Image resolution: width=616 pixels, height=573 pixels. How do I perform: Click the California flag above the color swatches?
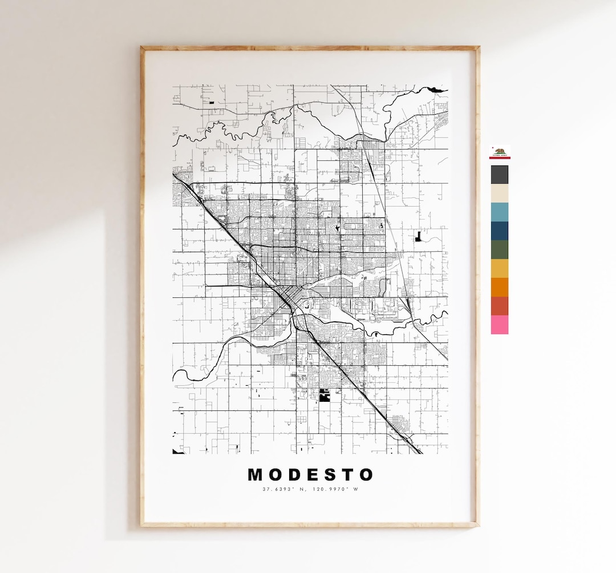(500, 152)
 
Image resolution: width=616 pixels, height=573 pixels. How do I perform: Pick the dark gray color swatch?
(500, 175)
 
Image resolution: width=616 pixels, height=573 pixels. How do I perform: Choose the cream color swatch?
(500, 193)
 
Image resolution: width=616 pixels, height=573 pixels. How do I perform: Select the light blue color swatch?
(500, 212)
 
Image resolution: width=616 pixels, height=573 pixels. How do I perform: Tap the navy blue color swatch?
(500, 231)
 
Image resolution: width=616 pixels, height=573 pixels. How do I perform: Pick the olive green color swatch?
(500, 250)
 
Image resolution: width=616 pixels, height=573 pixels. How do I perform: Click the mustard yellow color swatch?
(500, 268)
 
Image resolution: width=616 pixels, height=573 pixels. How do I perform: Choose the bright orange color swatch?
(500, 287)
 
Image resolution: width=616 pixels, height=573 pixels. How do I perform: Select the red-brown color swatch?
(500, 306)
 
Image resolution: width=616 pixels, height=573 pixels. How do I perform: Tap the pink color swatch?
(500, 325)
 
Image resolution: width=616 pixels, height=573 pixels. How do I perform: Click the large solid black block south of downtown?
(325, 396)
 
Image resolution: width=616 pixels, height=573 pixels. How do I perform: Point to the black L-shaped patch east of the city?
(419, 237)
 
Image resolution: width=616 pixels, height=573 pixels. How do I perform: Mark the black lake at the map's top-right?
(436, 90)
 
